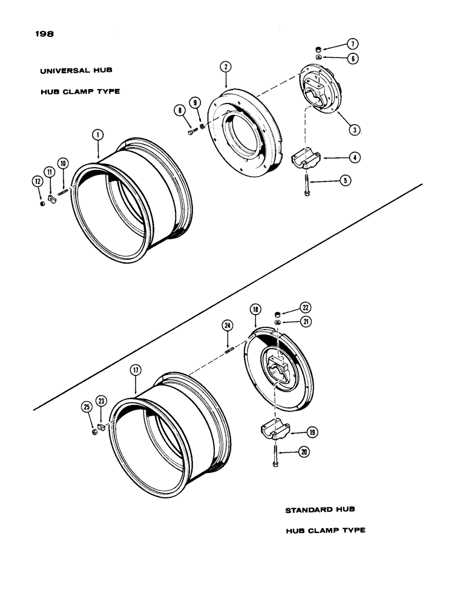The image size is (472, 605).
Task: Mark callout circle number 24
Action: [x=227, y=325]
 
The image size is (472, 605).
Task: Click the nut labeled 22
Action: [x=278, y=313]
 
